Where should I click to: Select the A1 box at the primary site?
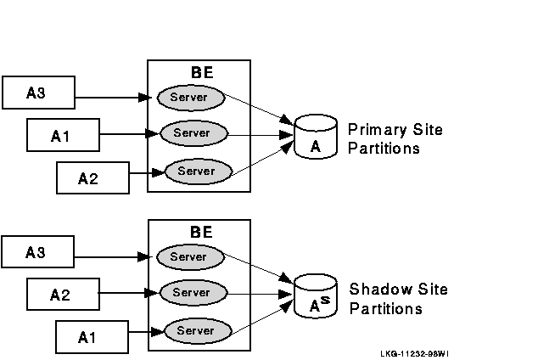click(60, 134)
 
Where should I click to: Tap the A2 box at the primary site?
click(88, 177)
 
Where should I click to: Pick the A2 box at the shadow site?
click(60, 295)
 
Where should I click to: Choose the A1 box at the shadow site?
click(88, 336)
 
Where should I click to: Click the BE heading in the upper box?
click(202, 73)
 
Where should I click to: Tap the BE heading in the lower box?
click(202, 232)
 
